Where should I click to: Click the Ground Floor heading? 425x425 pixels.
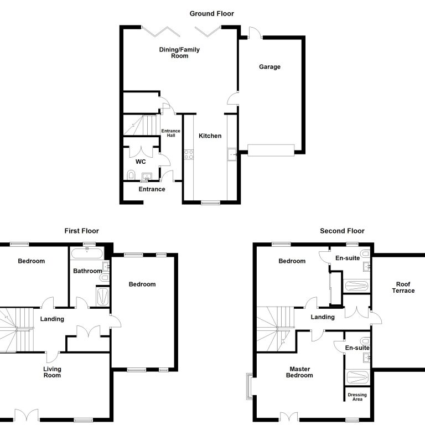(x=212, y=13)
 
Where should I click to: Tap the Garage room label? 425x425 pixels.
(x=269, y=66)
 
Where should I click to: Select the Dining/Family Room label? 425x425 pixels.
(x=179, y=53)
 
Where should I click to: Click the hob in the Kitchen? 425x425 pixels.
(x=189, y=154)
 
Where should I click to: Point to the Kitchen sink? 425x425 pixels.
(x=232, y=154)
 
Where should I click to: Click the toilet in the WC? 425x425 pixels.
(x=131, y=175)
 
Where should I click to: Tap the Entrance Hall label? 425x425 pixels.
(x=171, y=133)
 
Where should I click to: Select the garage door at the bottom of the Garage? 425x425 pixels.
(x=271, y=150)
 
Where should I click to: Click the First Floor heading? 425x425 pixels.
(x=81, y=231)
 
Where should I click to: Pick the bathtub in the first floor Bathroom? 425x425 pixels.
(x=87, y=253)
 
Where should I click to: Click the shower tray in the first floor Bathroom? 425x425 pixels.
(x=103, y=296)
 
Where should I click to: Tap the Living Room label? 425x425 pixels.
(x=52, y=372)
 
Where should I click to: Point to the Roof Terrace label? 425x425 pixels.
(x=403, y=287)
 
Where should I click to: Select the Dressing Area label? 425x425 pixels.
(x=357, y=397)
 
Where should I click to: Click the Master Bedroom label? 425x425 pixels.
(x=299, y=372)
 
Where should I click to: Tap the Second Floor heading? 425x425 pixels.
(x=342, y=231)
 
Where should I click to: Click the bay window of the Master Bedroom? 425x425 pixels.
(x=250, y=386)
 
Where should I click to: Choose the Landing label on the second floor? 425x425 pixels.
(x=323, y=317)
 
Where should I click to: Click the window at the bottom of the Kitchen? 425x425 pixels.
(x=211, y=202)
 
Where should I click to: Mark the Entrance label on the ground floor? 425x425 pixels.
(x=152, y=189)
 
